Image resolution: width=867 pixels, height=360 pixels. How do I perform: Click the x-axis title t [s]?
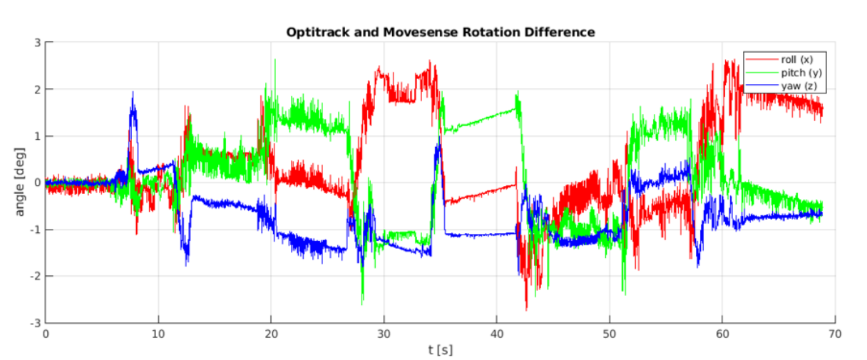(440, 350)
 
